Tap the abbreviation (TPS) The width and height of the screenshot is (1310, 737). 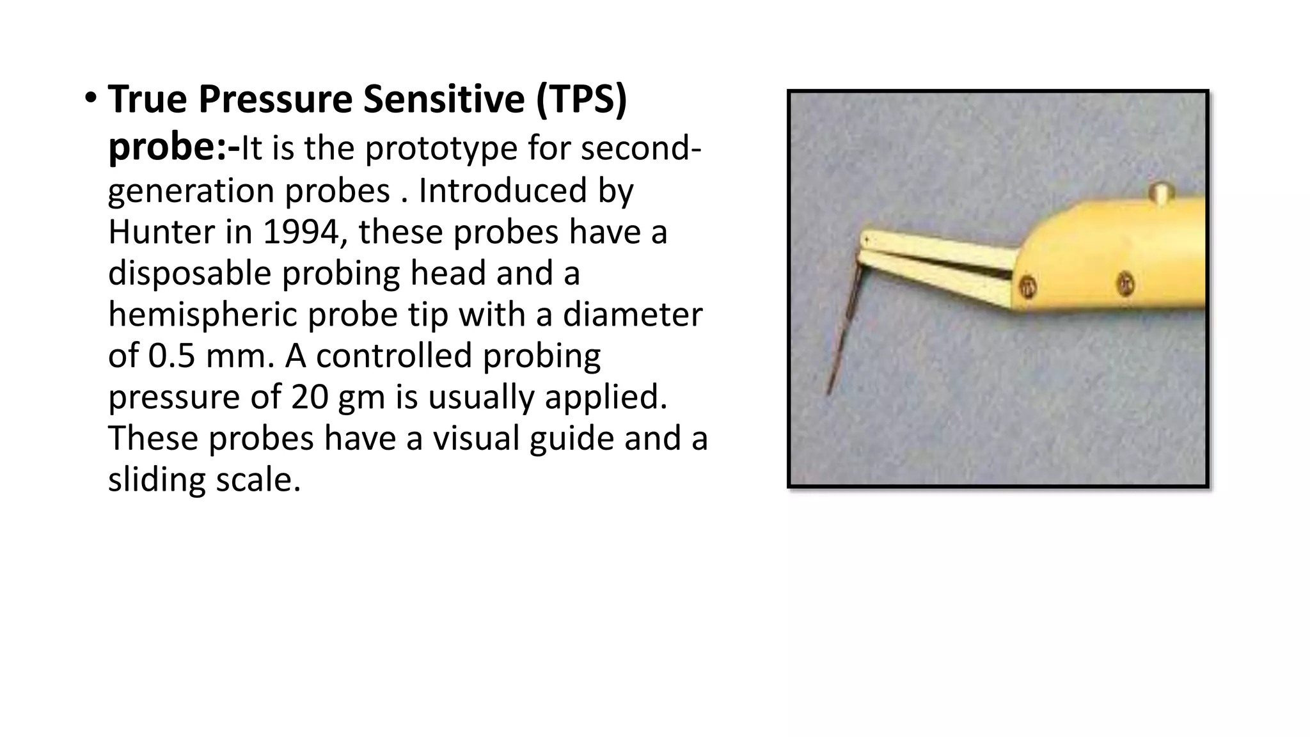click(x=581, y=99)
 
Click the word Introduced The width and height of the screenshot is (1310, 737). click(x=503, y=191)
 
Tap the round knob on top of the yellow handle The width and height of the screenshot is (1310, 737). click(x=1160, y=192)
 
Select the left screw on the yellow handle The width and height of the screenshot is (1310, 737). click(x=1027, y=286)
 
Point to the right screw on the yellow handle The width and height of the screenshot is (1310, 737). click(x=1125, y=283)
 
